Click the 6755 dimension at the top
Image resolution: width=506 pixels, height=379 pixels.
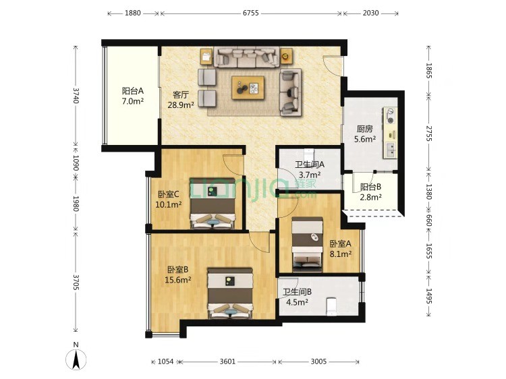(x=251, y=13)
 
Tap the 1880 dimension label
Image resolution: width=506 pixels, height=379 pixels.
(x=133, y=13)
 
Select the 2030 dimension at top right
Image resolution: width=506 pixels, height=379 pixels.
(x=370, y=13)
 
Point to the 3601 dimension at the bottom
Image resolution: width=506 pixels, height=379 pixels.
(x=227, y=361)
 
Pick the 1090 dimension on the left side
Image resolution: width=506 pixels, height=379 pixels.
(x=76, y=163)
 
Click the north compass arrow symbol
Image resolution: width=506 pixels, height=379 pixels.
(x=76, y=359)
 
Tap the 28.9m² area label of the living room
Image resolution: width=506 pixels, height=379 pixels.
(x=181, y=105)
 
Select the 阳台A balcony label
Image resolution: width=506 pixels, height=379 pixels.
(x=133, y=91)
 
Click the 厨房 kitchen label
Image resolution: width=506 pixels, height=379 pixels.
(x=364, y=129)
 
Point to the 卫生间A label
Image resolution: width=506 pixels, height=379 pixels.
(x=310, y=165)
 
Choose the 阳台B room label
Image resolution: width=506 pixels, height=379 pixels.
(x=371, y=187)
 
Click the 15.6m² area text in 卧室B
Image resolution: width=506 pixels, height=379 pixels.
(x=178, y=280)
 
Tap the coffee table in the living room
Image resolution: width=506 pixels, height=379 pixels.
(x=248, y=88)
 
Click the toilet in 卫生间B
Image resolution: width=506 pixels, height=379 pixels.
(x=331, y=306)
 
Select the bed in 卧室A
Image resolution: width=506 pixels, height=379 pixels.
(x=307, y=245)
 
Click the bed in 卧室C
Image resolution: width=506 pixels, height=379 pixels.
(x=213, y=204)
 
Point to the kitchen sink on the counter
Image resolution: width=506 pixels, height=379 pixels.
(x=391, y=150)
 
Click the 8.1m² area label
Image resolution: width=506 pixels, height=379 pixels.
(x=341, y=254)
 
